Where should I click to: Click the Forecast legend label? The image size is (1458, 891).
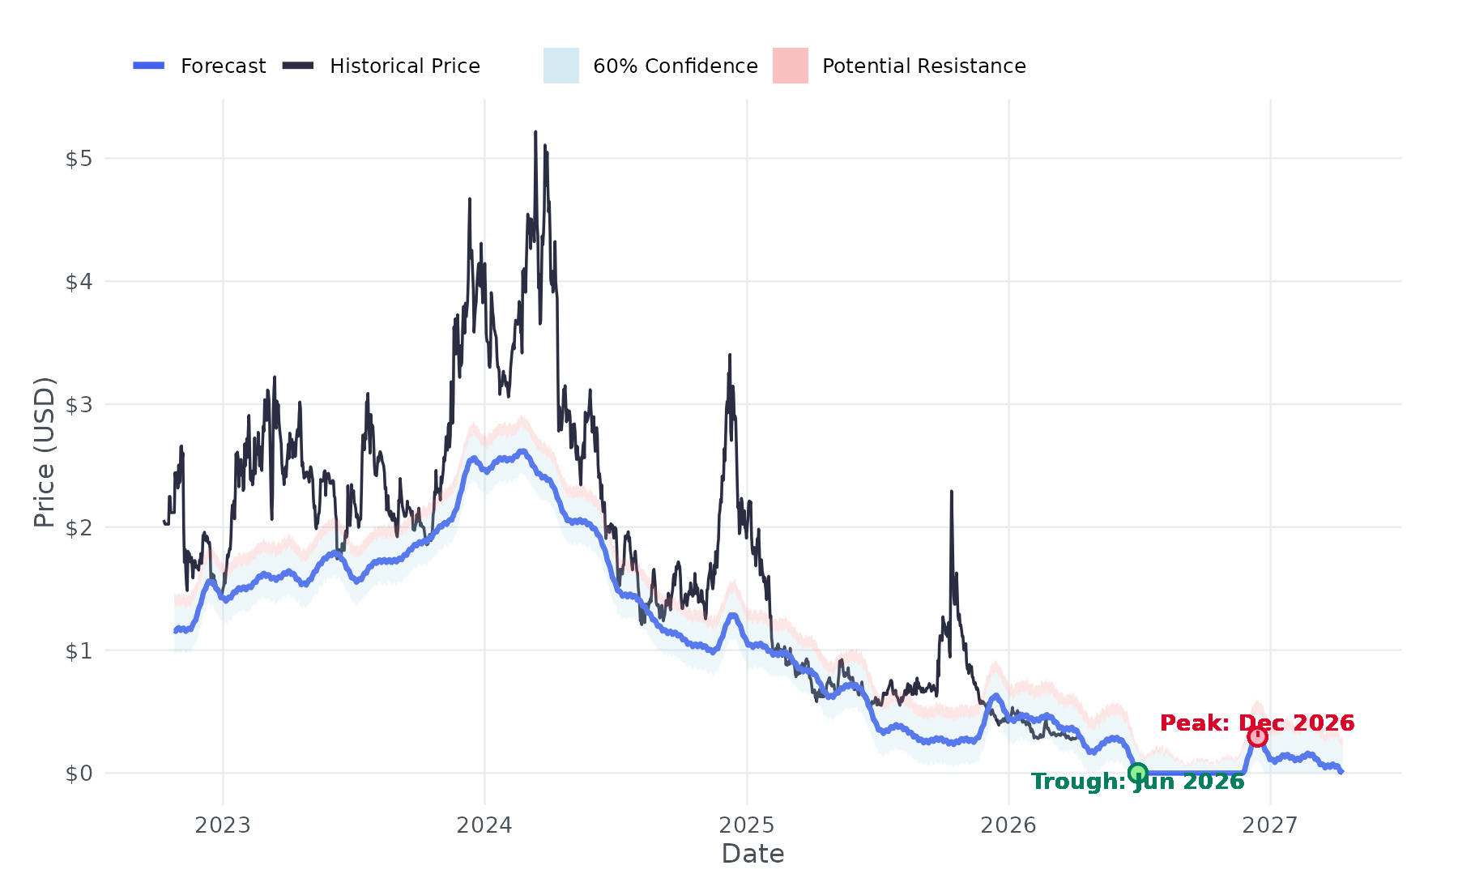(x=223, y=66)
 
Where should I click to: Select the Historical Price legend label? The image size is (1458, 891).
(x=404, y=66)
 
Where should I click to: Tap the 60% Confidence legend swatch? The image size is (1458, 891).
(x=561, y=66)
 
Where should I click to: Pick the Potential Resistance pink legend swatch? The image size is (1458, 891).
(x=790, y=66)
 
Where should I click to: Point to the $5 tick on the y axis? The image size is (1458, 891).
(x=79, y=159)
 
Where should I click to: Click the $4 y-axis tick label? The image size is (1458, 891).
(x=79, y=282)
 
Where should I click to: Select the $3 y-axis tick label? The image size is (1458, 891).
(x=79, y=405)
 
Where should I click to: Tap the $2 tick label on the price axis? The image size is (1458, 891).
(x=79, y=528)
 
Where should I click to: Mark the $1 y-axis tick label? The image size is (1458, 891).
(x=79, y=651)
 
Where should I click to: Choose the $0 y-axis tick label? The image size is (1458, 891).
(x=79, y=774)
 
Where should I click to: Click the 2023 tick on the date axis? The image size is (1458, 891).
(x=223, y=825)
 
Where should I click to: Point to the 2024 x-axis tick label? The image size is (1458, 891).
(x=484, y=825)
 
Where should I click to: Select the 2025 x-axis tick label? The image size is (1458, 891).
(x=747, y=825)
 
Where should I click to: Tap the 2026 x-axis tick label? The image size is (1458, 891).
(x=1008, y=825)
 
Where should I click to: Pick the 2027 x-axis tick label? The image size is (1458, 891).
(x=1270, y=825)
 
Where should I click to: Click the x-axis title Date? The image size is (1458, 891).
(x=752, y=854)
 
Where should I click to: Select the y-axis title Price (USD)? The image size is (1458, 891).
(x=44, y=452)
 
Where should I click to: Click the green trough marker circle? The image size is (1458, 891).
(x=1138, y=773)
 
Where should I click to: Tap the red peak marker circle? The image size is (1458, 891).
(x=1257, y=736)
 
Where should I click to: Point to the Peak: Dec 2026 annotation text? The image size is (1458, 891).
(x=1257, y=723)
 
